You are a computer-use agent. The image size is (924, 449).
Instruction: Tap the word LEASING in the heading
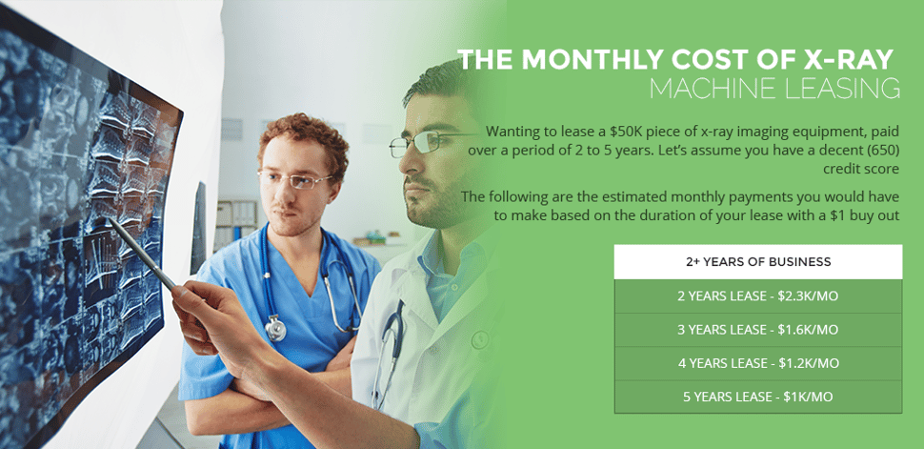coord(842,89)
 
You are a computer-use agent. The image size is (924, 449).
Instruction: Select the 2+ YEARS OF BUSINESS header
coord(758,262)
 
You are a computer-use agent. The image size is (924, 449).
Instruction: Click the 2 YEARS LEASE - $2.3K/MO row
coord(758,296)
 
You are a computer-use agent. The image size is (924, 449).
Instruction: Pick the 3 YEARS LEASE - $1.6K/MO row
coord(758,330)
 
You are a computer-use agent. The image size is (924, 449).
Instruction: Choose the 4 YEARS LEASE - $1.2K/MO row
coord(758,363)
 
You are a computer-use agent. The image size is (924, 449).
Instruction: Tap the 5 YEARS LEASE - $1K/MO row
coord(758,397)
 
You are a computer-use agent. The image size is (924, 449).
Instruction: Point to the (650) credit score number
coord(880,150)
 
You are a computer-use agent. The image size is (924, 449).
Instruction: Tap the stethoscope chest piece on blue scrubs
coord(275,329)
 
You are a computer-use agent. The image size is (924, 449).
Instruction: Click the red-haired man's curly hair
coord(291,133)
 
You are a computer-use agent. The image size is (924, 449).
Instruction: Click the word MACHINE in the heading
coord(711,89)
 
